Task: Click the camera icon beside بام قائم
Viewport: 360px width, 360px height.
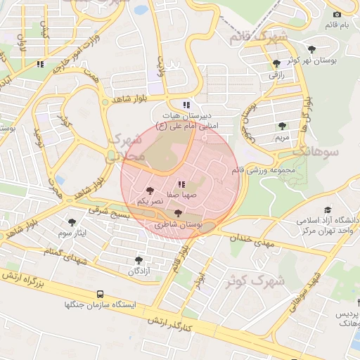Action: pyautogui.click(x=337, y=14)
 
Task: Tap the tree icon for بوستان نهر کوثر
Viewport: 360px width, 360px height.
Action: pyautogui.click(x=276, y=63)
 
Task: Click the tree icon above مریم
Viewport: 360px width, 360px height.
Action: pyautogui.click(x=282, y=126)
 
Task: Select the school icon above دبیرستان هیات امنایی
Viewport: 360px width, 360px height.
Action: pyautogui.click(x=186, y=105)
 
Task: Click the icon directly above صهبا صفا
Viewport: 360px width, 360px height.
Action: pyautogui.click(x=183, y=184)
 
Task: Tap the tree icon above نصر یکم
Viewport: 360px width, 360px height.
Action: pyautogui.click(x=149, y=191)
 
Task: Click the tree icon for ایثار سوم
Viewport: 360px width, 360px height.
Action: pyautogui.click(x=72, y=222)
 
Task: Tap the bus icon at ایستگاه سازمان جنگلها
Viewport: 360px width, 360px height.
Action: pyautogui.click(x=100, y=294)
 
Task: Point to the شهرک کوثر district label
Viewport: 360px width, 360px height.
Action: pyautogui.click(x=254, y=281)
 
